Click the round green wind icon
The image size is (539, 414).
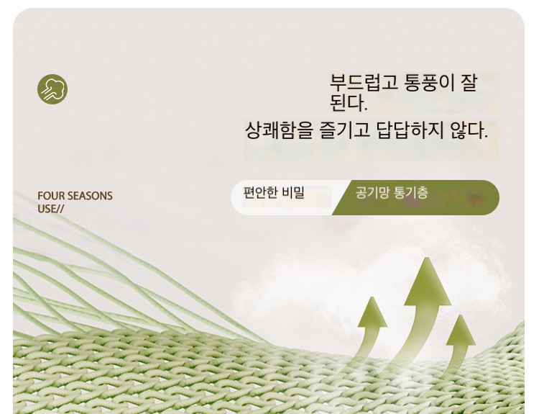[x=52, y=89]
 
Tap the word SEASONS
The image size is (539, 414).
[x=90, y=196]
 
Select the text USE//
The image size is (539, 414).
[x=50, y=209]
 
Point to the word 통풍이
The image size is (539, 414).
[x=430, y=83]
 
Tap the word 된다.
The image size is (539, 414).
[x=349, y=103]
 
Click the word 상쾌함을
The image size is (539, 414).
[x=279, y=130]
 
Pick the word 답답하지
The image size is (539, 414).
[x=410, y=130]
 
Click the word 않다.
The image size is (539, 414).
[x=469, y=130]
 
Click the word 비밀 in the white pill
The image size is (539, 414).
[x=293, y=192]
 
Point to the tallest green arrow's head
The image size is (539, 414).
[x=427, y=281]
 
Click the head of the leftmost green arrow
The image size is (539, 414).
[x=372, y=312]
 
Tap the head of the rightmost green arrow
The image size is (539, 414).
[x=461, y=330]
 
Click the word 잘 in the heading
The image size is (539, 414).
[x=469, y=83]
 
